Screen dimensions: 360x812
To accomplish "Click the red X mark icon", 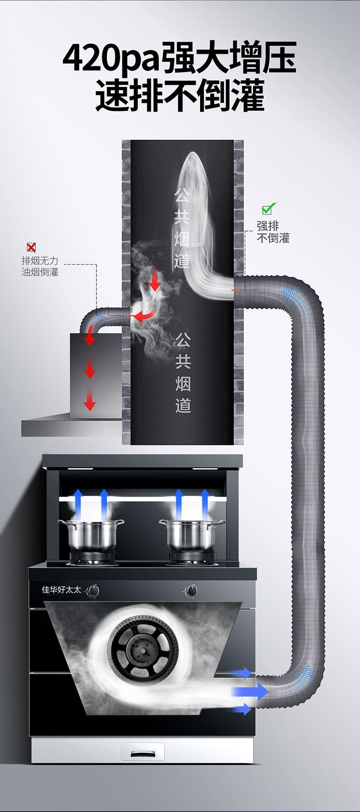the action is tap(31, 247).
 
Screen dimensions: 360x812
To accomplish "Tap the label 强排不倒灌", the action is tap(273, 232).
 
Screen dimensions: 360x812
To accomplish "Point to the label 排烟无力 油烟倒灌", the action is tap(40, 266).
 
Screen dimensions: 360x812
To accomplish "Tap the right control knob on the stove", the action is tap(192, 591).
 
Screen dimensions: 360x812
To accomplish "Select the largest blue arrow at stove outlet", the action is tap(250, 691).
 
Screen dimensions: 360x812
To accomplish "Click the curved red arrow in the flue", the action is tap(144, 315).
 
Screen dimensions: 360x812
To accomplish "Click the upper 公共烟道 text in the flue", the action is tap(182, 228).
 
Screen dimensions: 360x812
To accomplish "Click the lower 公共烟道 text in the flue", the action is tap(183, 372).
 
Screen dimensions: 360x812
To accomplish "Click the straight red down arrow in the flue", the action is tap(155, 278).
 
